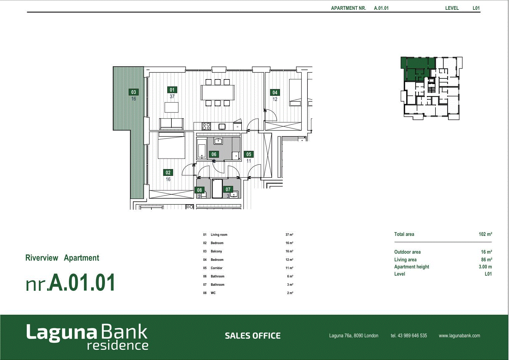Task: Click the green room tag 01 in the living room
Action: click(172, 90)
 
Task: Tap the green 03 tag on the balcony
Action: click(133, 92)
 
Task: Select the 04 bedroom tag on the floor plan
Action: click(275, 93)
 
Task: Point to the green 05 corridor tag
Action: click(249, 154)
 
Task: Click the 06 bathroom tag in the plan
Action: click(214, 154)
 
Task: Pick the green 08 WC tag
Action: click(199, 190)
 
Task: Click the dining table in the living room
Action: click(218, 93)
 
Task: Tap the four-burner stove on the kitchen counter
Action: click(206, 126)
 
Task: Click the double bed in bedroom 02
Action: click(171, 145)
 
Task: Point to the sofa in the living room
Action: click(171, 124)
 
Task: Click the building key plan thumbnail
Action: click(431, 88)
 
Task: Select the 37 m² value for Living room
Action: click(289, 235)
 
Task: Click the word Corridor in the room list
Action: click(216, 268)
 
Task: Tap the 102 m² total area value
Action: click(485, 234)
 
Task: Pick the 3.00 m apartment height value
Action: click(485, 267)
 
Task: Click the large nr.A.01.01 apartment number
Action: click(70, 283)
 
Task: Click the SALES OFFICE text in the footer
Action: click(253, 336)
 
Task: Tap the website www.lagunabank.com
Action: click(459, 336)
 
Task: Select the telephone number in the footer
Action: click(409, 336)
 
